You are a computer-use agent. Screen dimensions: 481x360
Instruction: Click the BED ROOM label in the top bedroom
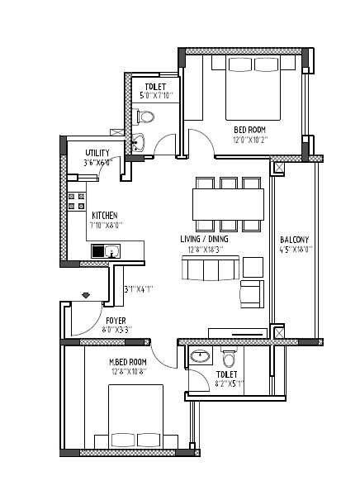click(x=249, y=130)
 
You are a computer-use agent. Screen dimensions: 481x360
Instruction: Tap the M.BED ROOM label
click(x=128, y=362)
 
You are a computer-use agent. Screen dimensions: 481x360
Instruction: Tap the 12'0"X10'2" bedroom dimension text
click(x=249, y=139)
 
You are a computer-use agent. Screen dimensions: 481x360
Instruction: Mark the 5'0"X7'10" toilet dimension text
click(x=155, y=95)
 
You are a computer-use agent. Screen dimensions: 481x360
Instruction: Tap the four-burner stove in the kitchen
click(x=77, y=204)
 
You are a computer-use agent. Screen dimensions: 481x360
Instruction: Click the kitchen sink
click(x=107, y=250)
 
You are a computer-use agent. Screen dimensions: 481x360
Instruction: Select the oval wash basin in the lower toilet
click(x=200, y=357)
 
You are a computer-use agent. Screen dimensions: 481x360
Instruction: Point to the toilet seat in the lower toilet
click(x=230, y=358)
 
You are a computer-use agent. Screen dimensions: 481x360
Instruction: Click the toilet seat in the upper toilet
click(x=146, y=117)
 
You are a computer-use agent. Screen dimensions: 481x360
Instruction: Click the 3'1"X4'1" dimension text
click(x=138, y=289)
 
